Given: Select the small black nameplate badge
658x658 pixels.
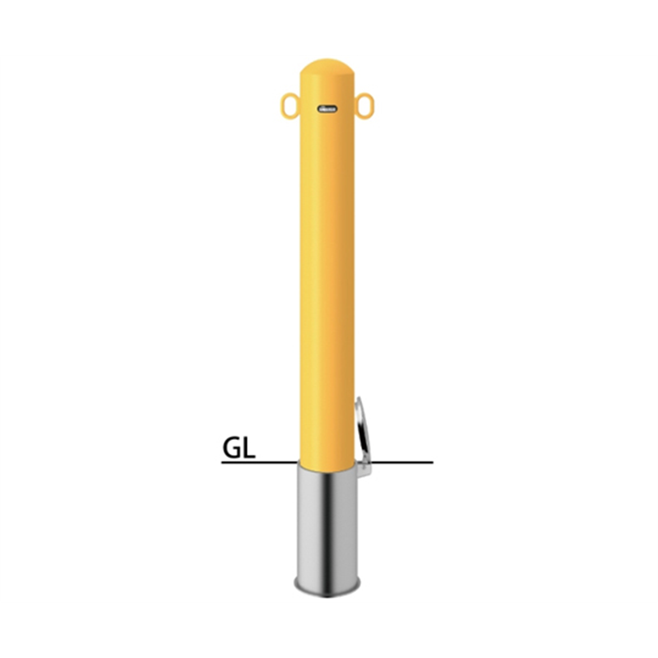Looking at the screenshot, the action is click(327, 109).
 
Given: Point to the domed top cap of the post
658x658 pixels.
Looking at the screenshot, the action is click(327, 67).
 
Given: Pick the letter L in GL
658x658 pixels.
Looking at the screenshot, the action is click(248, 447).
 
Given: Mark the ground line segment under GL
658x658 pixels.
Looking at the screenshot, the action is click(260, 462).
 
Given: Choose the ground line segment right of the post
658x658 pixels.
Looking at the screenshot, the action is click(403, 462).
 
